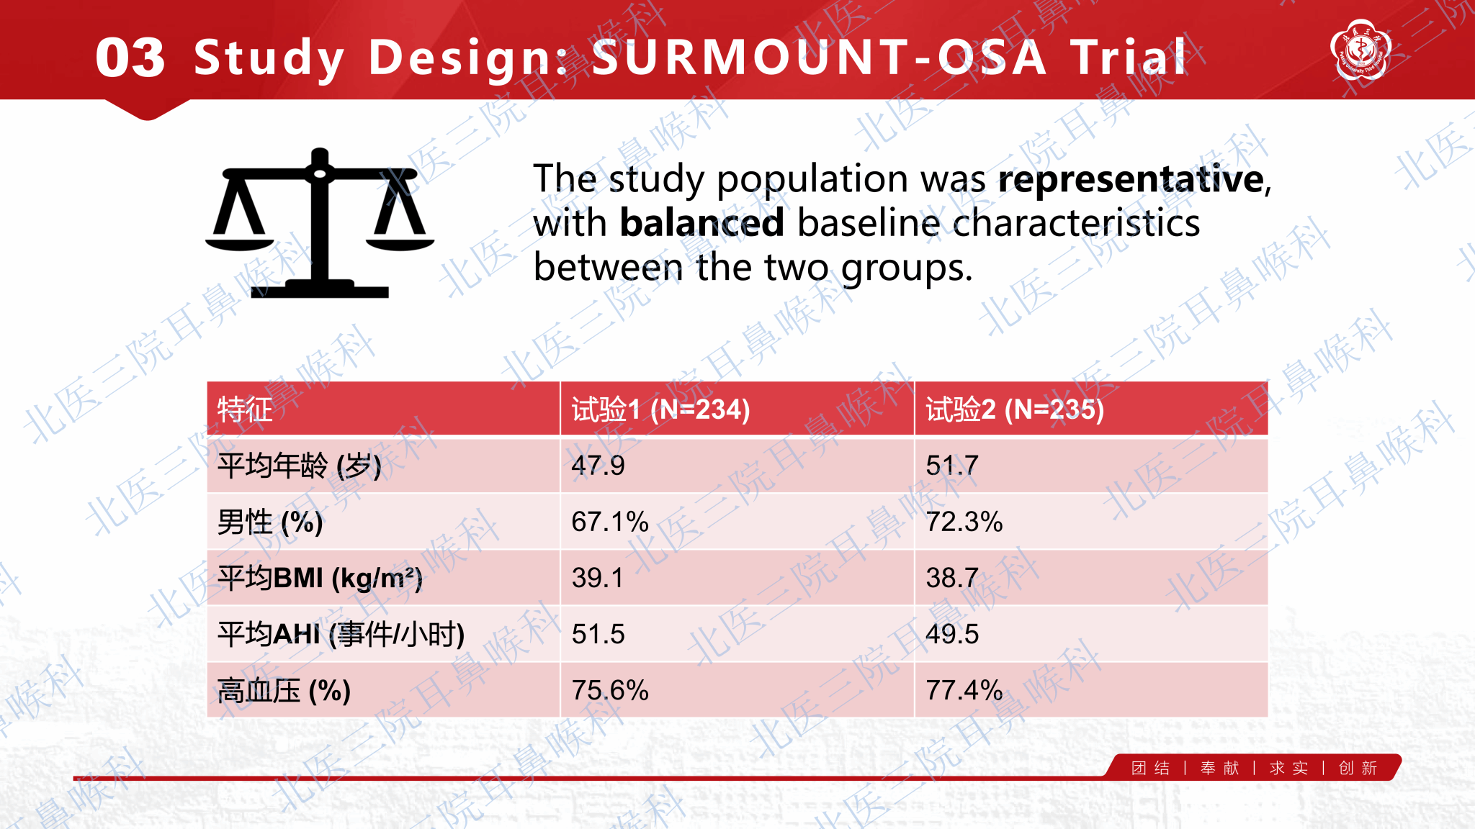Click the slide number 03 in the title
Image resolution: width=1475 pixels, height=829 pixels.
[x=130, y=58]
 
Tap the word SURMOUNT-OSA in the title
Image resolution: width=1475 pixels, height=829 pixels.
[x=819, y=58]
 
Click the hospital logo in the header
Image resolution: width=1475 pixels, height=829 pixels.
[x=1360, y=49]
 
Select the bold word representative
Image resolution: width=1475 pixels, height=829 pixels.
[x=1131, y=179]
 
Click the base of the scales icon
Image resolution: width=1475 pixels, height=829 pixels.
[x=320, y=289]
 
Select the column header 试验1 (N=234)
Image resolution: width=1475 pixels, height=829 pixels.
[x=661, y=409]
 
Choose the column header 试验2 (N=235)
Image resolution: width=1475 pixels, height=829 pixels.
[x=1015, y=409]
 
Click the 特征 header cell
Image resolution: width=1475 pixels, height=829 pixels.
[x=246, y=409]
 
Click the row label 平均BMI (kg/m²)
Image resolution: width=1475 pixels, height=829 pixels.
[x=320, y=578]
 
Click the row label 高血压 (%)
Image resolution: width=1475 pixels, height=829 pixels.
[x=284, y=691]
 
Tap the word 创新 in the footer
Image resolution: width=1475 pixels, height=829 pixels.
[x=1358, y=769]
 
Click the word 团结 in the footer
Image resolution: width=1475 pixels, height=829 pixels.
[x=1150, y=769]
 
